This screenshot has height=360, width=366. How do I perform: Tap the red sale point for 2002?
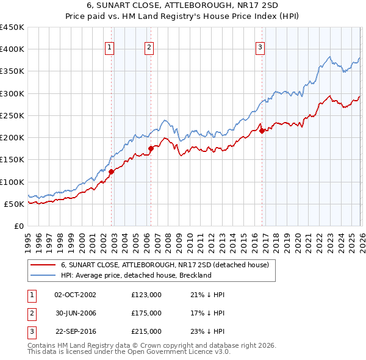pyautogui.click(x=112, y=172)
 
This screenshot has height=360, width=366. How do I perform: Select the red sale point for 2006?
pyautogui.click(x=151, y=148)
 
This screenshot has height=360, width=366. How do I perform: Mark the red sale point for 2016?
pyautogui.click(x=262, y=131)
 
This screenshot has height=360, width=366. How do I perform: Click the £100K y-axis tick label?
pyautogui.click(x=13, y=182)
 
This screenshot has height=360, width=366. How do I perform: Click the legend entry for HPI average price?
pyautogui.click(x=135, y=275)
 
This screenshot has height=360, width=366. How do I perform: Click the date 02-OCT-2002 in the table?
pyautogui.click(x=76, y=295)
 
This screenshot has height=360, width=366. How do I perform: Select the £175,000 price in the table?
pyautogui.click(x=146, y=313)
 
